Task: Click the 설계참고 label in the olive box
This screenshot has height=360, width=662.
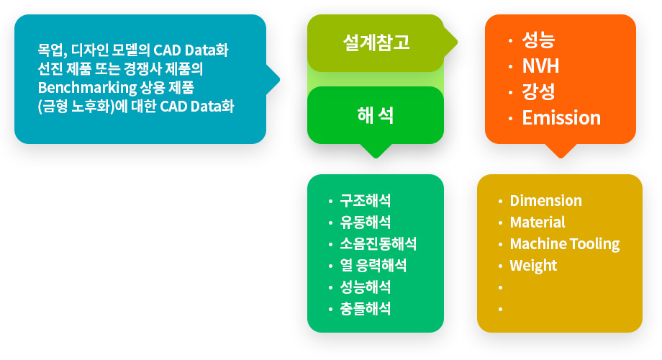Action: click(x=376, y=42)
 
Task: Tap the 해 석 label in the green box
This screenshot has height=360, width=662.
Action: click(x=376, y=115)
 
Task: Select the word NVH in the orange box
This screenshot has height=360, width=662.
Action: click(x=540, y=66)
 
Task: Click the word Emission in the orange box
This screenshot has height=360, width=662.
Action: click(x=561, y=118)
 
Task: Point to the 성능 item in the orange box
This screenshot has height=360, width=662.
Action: click(x=538, y=40)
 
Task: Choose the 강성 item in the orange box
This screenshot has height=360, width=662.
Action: click(x=538, y=91)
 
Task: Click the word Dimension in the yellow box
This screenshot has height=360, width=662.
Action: click(x=545, y=201)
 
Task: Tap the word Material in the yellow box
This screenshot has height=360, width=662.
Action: click(x=537, y=222)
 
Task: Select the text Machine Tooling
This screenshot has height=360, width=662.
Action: click(x=564, y=244)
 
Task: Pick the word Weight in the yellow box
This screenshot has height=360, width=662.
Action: click(x=533, y=266)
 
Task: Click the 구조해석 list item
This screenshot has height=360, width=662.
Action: click(x=366, y=201)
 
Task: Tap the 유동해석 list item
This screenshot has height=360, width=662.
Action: click(x=366, y=222)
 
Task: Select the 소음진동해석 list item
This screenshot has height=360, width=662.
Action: click(x=378, y=244)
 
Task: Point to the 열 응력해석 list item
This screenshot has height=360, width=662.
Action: click(x=373, y=266)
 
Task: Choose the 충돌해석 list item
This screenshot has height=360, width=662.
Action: click(x=366, y=309)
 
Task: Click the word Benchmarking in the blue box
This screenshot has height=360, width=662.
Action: click(x=87, y=88)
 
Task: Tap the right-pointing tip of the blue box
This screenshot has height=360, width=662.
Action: click(x=279, y=79)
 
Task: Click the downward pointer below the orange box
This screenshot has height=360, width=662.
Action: click(x=561, y=151)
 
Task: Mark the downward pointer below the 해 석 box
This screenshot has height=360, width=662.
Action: click(x=376, y=151)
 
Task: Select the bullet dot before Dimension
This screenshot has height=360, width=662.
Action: click(x=500, y=202)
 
